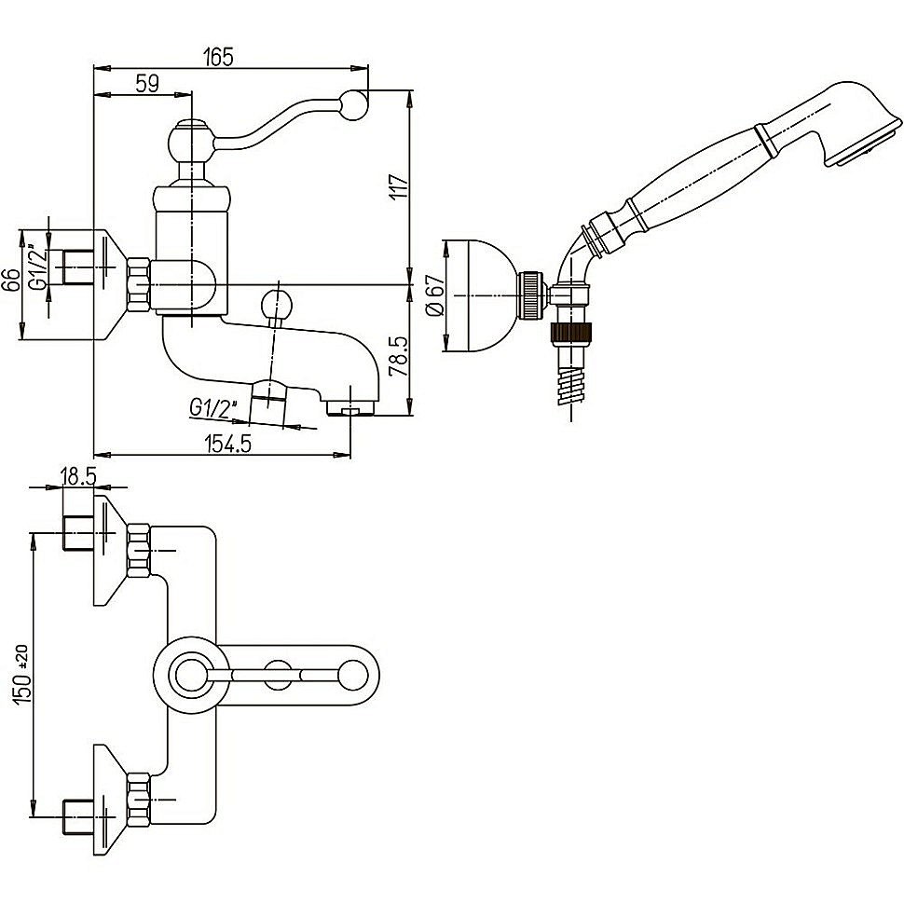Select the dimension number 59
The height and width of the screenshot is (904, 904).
[x=146, y=83]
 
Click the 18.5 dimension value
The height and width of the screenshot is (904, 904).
[x=77, y=476]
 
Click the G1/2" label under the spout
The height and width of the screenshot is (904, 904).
[x=215, y=407]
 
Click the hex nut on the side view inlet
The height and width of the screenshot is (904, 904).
[x=139, y=283]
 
